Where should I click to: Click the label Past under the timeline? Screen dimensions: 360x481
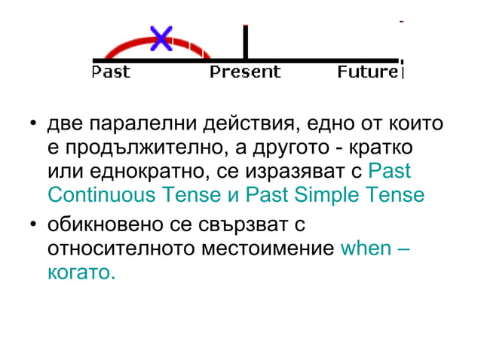[x=110, y=72]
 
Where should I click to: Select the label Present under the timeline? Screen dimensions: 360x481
[x=245, y=72]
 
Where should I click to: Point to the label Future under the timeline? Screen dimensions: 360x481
[x=366, y=72]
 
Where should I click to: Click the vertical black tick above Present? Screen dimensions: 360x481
[x=245, y=41]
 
